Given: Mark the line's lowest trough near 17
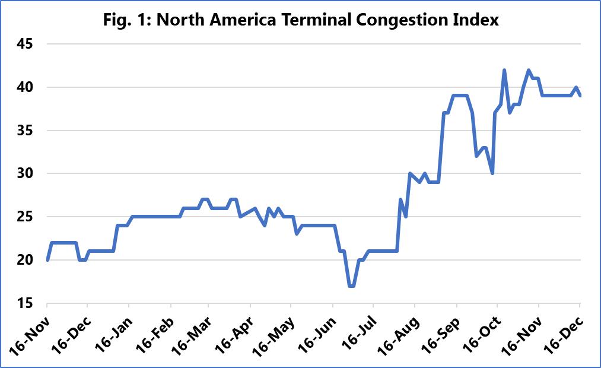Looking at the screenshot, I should (x=352, y=285).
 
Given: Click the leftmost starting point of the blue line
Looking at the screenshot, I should (x=47, y=259).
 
